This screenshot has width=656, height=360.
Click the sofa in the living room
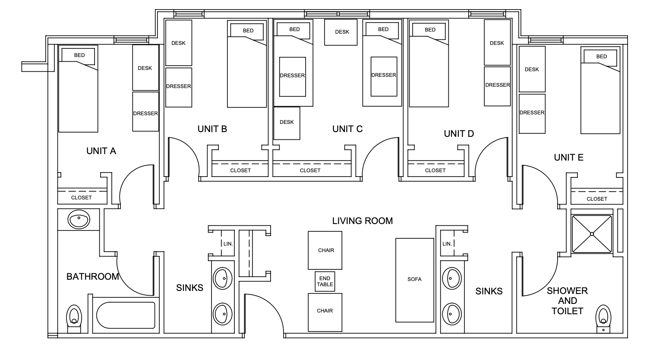point(414,280)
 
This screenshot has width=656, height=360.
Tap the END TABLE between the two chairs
point(325,281)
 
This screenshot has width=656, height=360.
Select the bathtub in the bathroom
point(126,315)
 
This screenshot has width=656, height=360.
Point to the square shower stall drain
point(592,234)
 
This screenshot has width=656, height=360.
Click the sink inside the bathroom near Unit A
point(79,219)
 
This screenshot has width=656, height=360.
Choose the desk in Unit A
point(145,68)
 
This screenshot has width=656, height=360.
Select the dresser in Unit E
point(532,113)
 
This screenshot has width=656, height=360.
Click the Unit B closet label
point(240,171)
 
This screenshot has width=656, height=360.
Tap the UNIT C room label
point(347,129)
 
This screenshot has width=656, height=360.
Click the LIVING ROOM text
point(362,221)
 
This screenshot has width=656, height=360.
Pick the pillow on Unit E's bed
point(601,57)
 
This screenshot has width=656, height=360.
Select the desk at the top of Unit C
point(341,32)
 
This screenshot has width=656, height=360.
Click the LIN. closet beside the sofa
point(447,244)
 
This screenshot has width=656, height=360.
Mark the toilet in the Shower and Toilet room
point(603,318)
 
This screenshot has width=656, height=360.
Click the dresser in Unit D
point(497,85)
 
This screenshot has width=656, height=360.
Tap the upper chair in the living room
point(325,250)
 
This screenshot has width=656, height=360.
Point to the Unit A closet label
point(82,198)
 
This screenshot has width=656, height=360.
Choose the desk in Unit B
point(178,43)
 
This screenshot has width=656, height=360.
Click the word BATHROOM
point(92,277)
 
